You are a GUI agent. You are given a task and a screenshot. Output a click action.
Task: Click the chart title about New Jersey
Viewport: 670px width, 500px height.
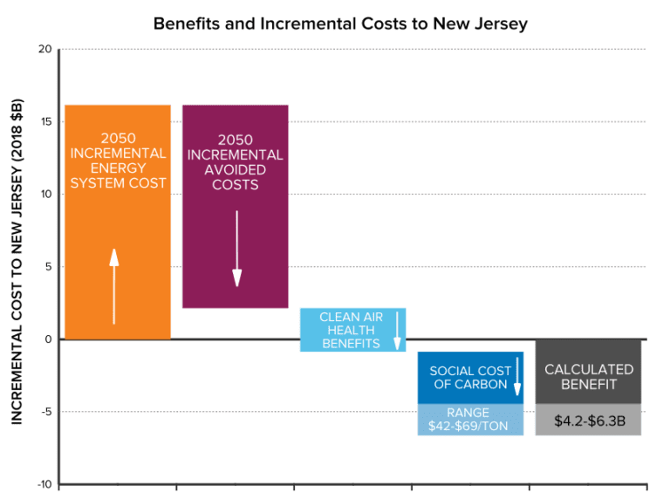pos(340,24)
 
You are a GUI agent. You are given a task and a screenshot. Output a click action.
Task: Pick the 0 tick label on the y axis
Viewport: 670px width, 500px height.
pos(46,339)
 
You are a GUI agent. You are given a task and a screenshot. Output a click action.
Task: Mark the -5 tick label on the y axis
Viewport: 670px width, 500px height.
pos(44,411)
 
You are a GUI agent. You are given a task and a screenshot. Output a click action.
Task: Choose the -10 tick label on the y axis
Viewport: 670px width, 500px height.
pos(41,484)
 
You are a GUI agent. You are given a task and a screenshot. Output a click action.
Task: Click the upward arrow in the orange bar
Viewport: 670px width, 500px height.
pos(113,285)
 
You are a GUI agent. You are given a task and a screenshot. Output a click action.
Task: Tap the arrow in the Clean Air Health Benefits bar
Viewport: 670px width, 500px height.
pos(397,330)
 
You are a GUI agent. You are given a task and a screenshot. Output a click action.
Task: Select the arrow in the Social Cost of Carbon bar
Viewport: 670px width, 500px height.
pos(516,377)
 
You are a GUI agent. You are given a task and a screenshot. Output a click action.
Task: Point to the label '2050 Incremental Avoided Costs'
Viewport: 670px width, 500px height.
pos(236,162)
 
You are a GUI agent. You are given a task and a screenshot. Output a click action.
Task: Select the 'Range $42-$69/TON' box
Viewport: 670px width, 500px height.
pos(470,420)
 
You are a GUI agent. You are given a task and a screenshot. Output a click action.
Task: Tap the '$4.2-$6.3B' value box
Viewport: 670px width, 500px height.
pos(588,421)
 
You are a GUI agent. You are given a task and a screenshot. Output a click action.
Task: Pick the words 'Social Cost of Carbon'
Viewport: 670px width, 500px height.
pos(464,378)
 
